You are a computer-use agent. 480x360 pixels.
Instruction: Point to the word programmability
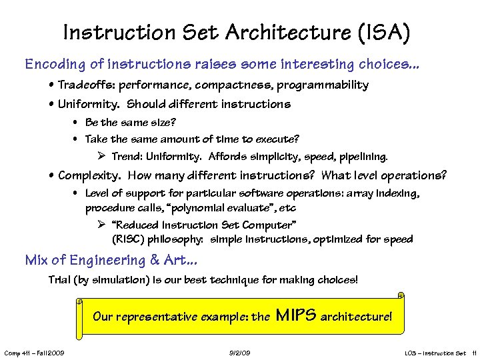point(323,85)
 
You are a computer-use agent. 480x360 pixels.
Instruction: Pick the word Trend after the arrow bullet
point(125,157)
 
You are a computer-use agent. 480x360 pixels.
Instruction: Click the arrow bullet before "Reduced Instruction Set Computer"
point(102,225)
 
